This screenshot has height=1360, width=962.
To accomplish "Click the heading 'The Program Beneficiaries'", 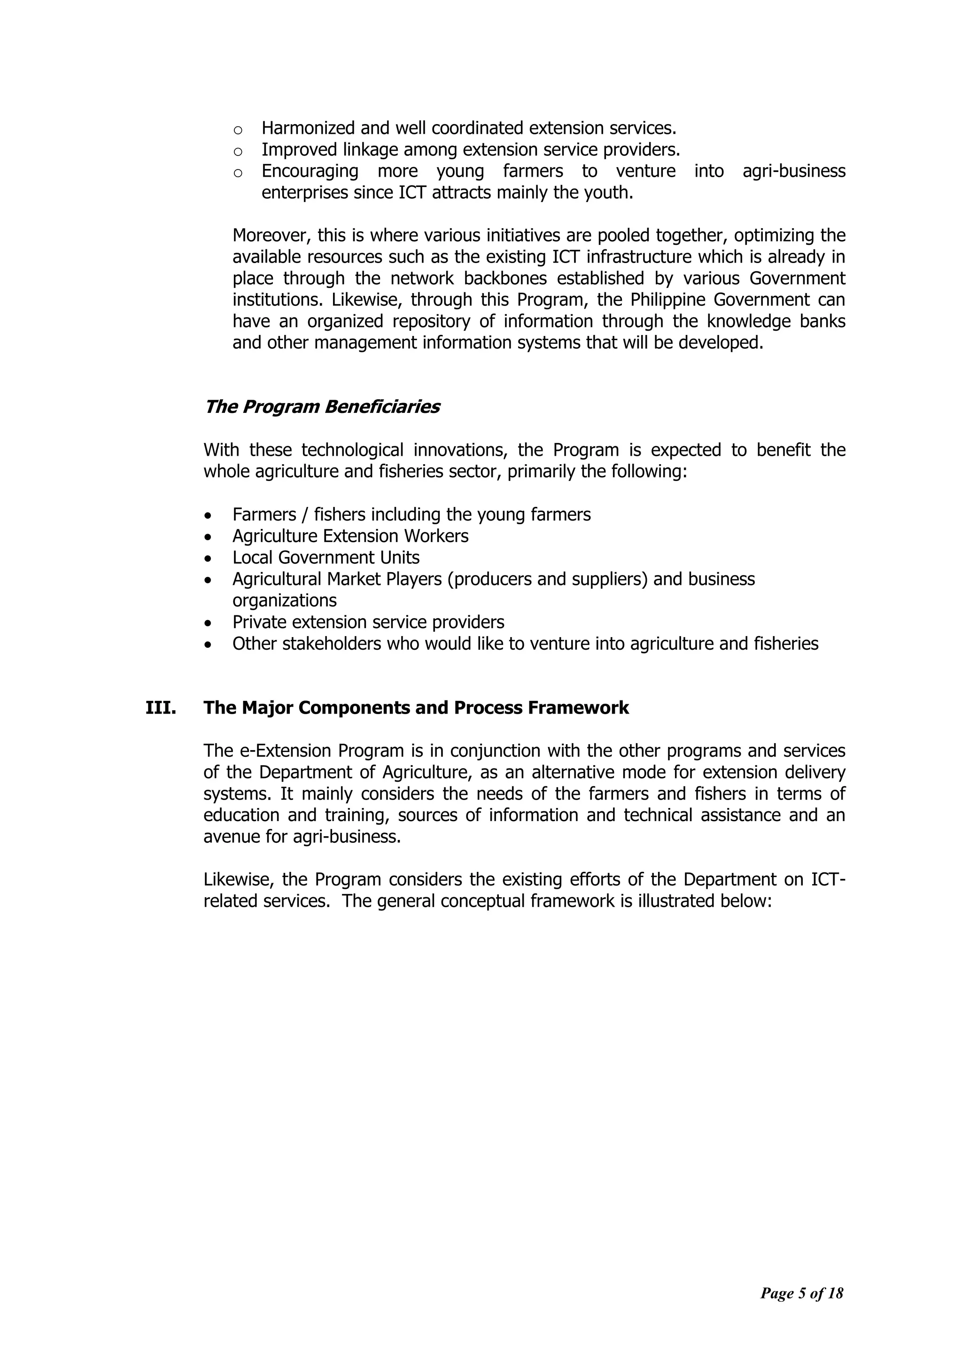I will click(322, 407).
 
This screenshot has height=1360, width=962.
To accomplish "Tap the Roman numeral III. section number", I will click(161, 708).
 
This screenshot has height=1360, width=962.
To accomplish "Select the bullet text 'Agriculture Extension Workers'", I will click(350, 536).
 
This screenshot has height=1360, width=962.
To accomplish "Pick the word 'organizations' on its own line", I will click(284, 601).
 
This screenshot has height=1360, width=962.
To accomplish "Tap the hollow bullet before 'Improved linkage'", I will click(238, 152).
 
